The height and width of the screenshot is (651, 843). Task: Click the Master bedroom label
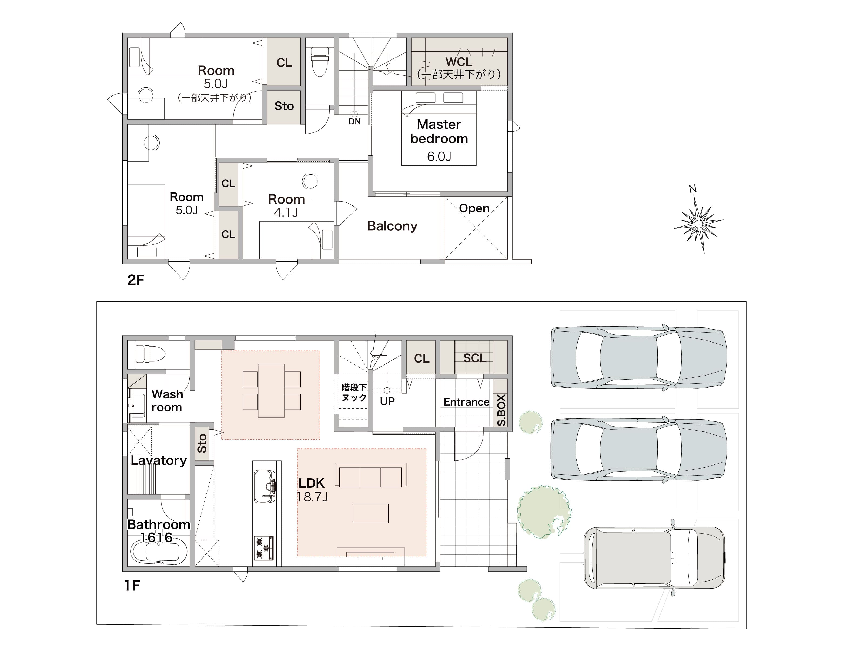point(439,131)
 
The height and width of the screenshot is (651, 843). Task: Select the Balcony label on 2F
point(392,226)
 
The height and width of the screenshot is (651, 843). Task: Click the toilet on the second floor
point(320,62)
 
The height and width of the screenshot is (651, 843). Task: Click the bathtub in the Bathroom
point(159,552)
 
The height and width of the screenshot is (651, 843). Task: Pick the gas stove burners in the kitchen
point(264,547)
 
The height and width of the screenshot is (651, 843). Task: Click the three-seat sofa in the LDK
point(370,475)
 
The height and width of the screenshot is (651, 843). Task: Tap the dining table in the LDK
point(271,390)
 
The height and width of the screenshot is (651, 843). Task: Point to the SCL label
point(475,358)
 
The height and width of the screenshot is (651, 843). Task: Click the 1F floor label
point(132,585)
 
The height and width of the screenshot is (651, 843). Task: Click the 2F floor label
point(136,280)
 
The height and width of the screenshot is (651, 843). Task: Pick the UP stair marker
point(387,401)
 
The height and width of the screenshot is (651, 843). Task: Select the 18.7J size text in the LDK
point(312,497)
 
